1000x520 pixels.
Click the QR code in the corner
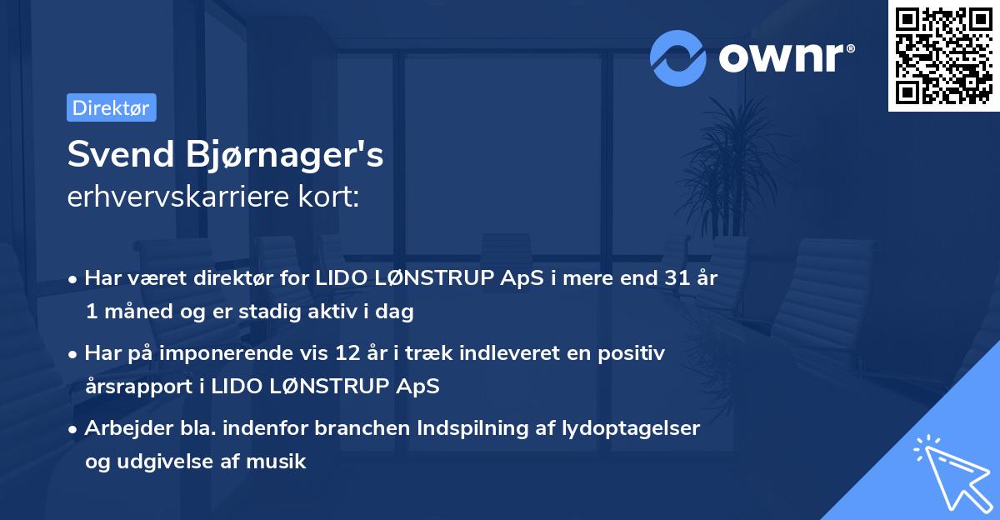[x=943, y=56]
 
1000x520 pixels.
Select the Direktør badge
[x=111, y=107]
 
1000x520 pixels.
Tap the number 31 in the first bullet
[x=668, y=278]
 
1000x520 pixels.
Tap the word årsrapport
[x=134, y=387]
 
